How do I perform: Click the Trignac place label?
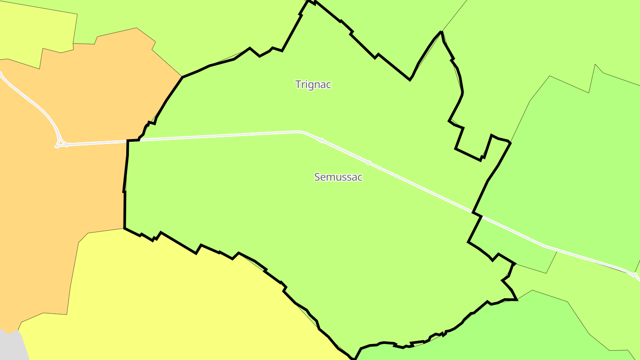click(313, 84)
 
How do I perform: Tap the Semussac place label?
click(338, 177)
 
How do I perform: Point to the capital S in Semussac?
click(317, 177)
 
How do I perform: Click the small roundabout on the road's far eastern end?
click(635, 275)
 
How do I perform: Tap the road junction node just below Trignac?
click(321, 140)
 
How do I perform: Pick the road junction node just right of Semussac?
click(368, 163)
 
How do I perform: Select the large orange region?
click(67, 187)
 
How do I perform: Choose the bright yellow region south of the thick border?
click(178, 302)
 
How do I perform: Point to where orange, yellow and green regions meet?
click(124, 228)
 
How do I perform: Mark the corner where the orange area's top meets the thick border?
click(182, 77)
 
